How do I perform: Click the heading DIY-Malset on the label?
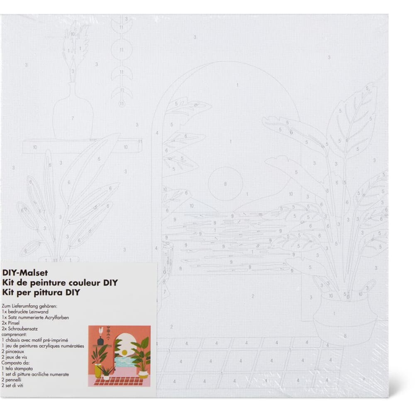[25, 273]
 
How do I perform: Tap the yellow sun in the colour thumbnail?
[124, 352]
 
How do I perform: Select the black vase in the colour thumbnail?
[100, 341]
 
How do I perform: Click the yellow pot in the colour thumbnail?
[98, 371]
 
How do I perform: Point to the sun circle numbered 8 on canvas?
[225, 183]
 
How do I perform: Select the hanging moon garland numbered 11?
[122, 62]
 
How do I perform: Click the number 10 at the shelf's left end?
[34, 147]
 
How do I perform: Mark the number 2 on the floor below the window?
[252, 296]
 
